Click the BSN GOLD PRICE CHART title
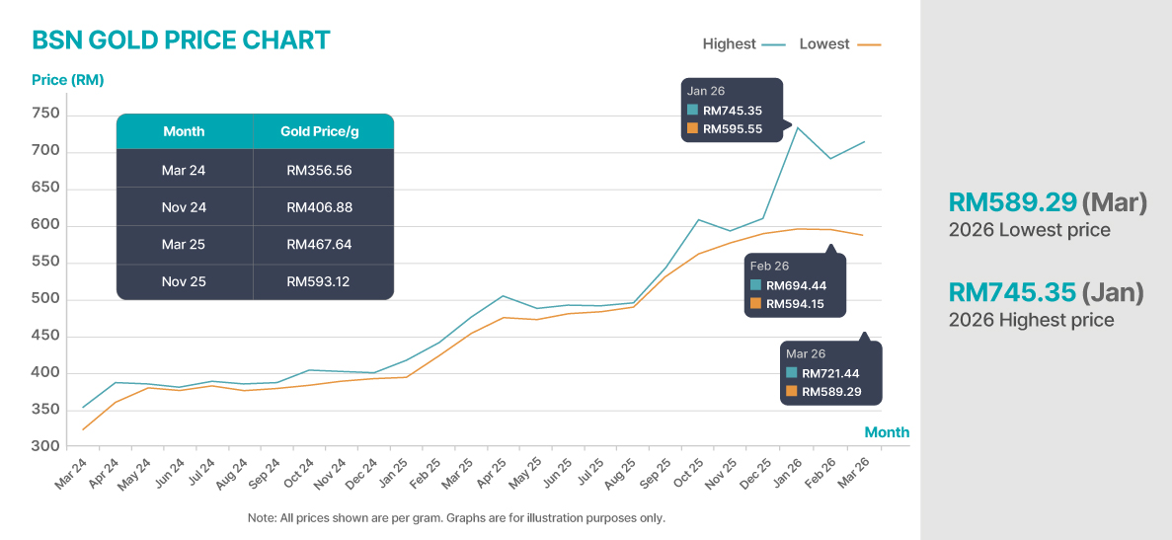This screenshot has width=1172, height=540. [181, 40]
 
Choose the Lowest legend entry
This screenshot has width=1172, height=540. [824, 44]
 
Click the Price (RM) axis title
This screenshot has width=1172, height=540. [68, 80]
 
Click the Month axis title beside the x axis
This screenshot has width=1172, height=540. [887, 432]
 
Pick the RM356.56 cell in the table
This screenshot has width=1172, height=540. [319, 171]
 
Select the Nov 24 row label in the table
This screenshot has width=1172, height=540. [184, 207]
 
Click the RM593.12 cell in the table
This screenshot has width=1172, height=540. [319, 281]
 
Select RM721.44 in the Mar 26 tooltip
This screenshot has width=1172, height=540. [831, 373]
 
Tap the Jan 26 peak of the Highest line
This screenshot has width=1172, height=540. [797, 127]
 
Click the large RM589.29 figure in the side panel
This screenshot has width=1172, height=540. [1011, 202]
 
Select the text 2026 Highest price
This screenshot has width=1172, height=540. [1031, 320]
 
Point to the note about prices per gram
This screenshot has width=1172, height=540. [456, 517]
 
